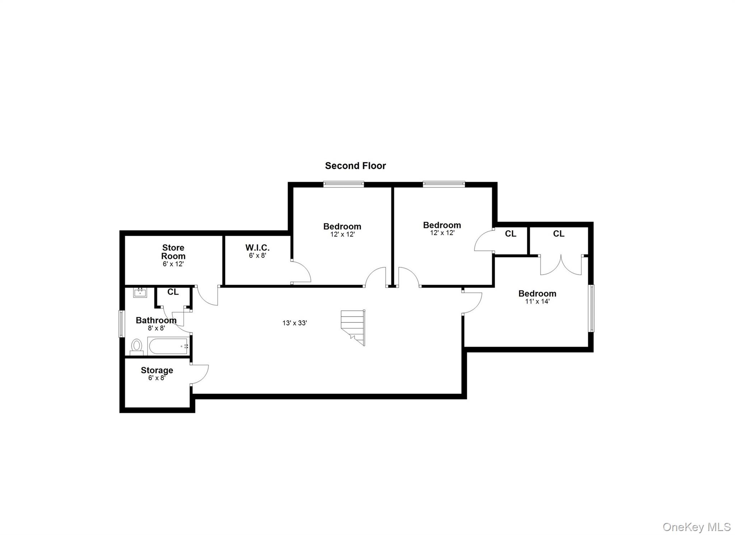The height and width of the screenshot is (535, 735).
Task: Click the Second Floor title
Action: click(x=355, y=166)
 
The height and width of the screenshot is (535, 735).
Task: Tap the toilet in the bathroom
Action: click(x=136, y=346)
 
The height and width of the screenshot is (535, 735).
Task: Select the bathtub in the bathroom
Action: click(x=168, y=346)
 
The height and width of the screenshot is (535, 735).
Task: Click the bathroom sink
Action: click(x=140, y=292)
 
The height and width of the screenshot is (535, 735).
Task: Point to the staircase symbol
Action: click(x=354, y=327)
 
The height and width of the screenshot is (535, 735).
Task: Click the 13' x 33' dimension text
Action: click(x=294, y=323)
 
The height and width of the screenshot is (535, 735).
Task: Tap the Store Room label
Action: click(x=173, y=252)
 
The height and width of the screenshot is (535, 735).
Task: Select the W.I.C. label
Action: click(x=257, y=248)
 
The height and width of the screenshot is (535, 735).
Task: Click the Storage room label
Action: click(x=157, y=370)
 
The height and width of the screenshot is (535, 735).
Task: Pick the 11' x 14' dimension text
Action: click(x=537, y=301)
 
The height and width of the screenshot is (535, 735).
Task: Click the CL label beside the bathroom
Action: click(x=173, y=292)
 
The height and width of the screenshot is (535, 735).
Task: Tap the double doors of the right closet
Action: click(x=561, y=266)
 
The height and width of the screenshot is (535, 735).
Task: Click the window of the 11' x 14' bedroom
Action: click(x=590, y=308)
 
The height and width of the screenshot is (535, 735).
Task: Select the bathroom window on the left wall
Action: click(x=121, y=324)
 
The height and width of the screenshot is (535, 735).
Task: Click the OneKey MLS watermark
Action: click(x=696, y=527)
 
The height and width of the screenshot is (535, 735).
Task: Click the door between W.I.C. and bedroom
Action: click(x=301, y=272)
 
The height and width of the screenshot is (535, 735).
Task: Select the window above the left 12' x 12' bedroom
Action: click(x=343, y=184)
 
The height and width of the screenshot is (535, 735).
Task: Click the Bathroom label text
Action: click(x=156, y=320)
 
